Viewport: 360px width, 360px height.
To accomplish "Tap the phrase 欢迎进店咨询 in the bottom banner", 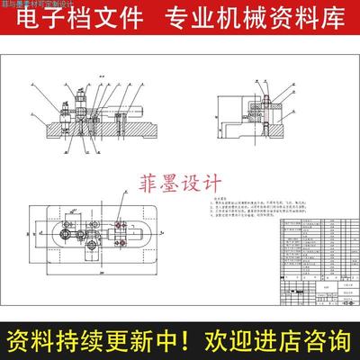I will pyautogui.click(x=274, y=341).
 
